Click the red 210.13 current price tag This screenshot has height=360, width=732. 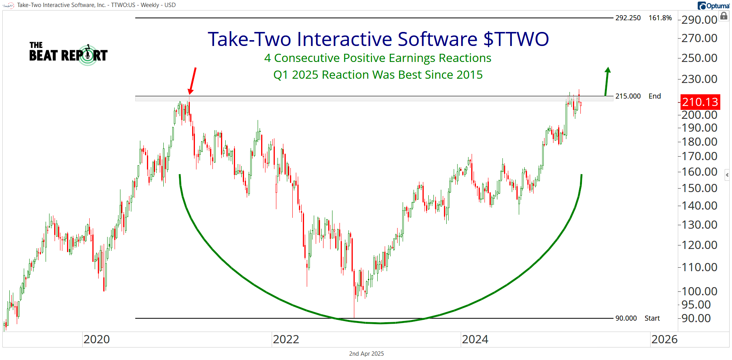(700, 102)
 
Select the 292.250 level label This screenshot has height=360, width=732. (628, 18)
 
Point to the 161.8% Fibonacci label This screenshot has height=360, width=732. (660, 18)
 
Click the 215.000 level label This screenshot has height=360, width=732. (628, 96)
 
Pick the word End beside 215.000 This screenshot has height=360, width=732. (654, 96)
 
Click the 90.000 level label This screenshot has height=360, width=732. (626, 318)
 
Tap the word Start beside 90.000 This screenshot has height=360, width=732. (652, 318)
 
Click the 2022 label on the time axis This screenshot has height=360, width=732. (286, 339)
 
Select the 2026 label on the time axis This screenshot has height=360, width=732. (664, 339)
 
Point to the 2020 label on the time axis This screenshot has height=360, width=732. (97, 339)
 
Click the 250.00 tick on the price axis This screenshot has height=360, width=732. (700, 58)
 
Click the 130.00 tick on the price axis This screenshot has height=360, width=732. (700, 225)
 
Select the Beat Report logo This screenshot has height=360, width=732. (68, 54)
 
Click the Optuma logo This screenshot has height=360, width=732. (714, 6)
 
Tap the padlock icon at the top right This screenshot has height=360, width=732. (723, 16)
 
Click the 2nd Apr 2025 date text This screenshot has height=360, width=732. (366, 354)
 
